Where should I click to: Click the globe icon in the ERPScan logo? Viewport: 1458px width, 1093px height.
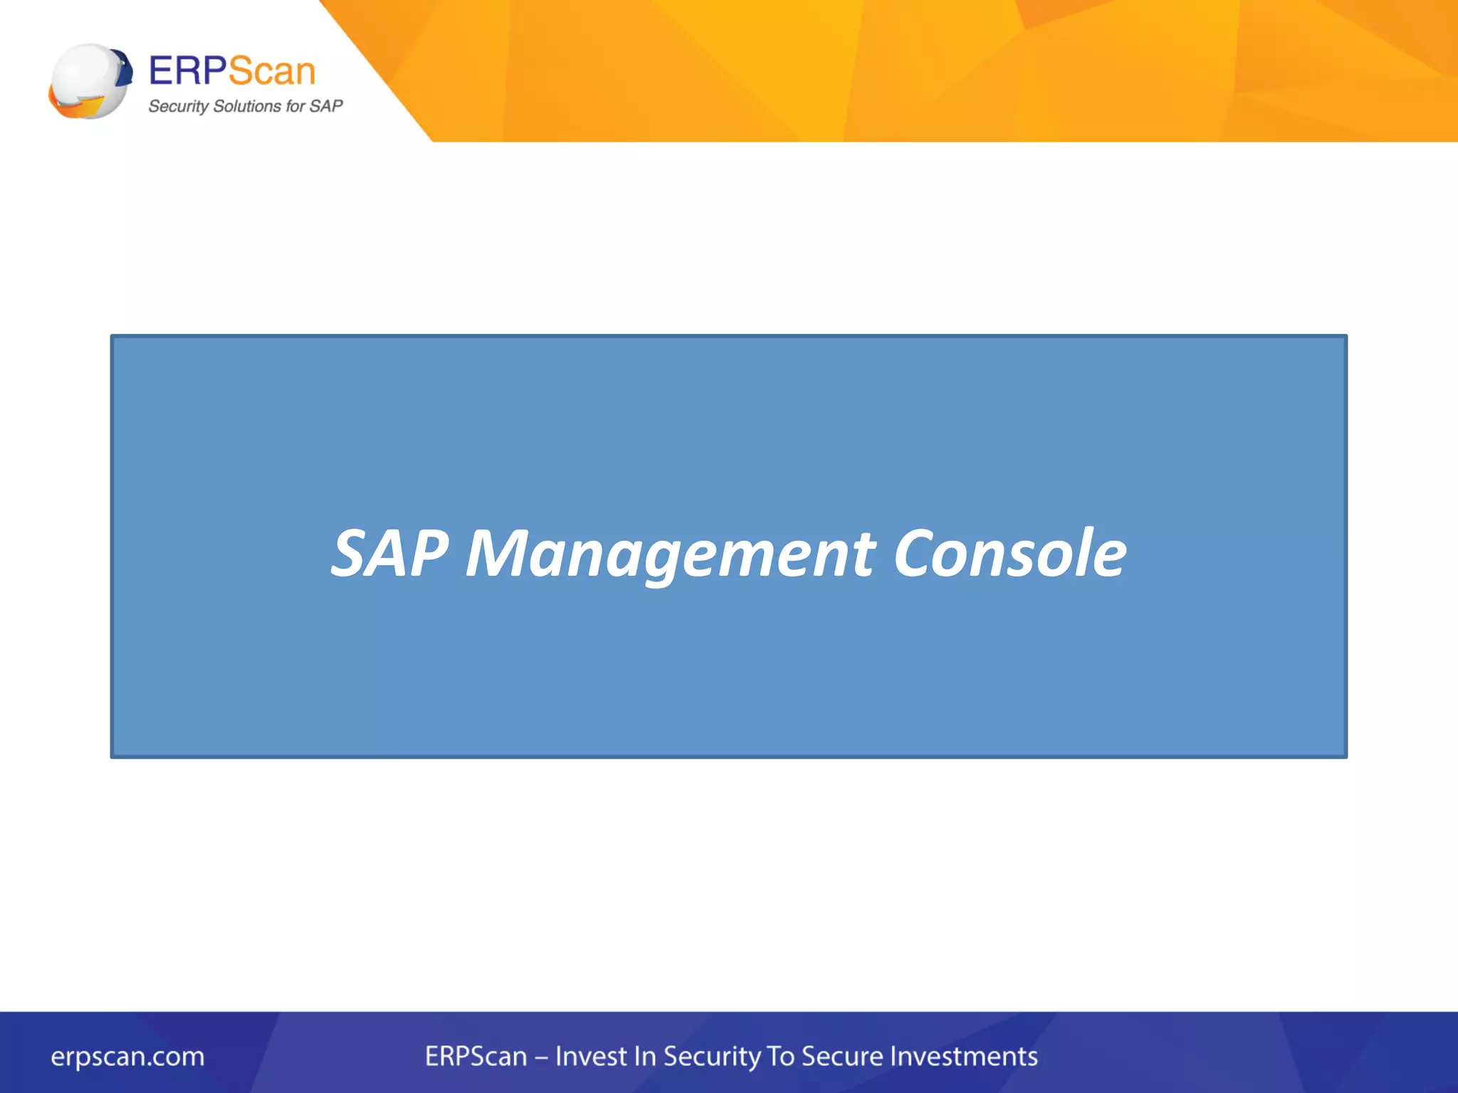pyautogui.click(x=90, y=80)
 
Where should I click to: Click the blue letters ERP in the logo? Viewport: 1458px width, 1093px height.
pyautogui.click(x=187, y=71)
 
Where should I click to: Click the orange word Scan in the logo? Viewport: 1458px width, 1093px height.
pyautogui.click(x=272, y=71)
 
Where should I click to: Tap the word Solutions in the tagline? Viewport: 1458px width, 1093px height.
pyautogui.click(x=247, y=106)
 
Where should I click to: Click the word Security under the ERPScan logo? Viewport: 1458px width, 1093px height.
pyautogui.click(x=178, y=107)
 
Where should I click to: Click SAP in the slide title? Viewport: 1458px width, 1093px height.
pyautogui.click(x=389, y=554)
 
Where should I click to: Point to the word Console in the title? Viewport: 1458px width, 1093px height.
pyautogui.click(x=1009, y=554)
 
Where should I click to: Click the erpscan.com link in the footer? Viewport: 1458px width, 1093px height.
pyautogui.click(x=127, y=1056)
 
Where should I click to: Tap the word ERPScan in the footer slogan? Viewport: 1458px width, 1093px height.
pyautogui.click(x=476, y=1056)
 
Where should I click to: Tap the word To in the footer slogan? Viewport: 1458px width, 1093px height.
pyautogui.click(x=780, y=1056)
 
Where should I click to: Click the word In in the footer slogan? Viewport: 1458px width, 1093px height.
pyautogui.click(x=644, y=1056)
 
